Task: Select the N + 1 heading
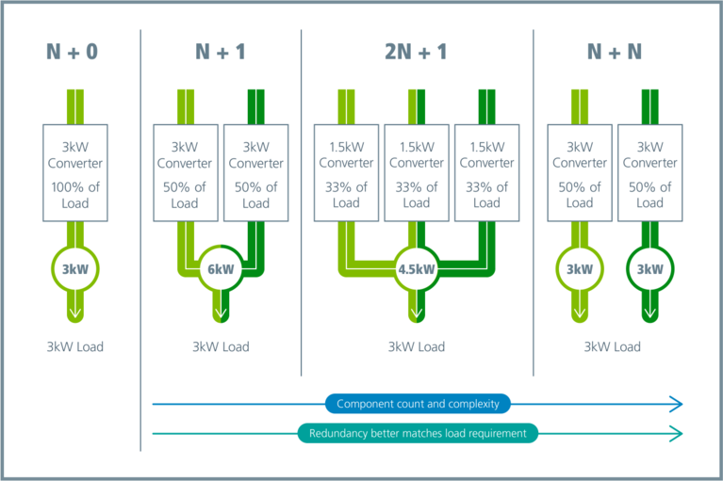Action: pyautogui.click(x=220, y=53)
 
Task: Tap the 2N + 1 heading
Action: pyautogui.click(x=417, y=53)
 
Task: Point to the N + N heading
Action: pyautogui.click(x=614, y=53)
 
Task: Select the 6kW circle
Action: pyautogui.click(x=221, y=268)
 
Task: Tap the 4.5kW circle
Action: pyautogui.click(x=417, y=268)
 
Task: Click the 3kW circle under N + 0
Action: pyautogui.click(x=74, y=268)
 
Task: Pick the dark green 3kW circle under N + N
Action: pyautogui.click(x=649, y=268)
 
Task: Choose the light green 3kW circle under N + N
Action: pyautogui.click(x=579, y=268)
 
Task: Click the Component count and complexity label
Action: pyautogui.click(x=418, y=404)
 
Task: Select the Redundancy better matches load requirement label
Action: pyautogui.click(x=418, y=433)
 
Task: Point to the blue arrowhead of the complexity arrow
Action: pyautogui.click(x=675, y=404)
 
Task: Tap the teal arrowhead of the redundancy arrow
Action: pyautogui.click(x=675, y=433)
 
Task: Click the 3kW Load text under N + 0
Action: pyautogui.click(x=74, y=346)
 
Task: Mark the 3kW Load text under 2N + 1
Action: pyautogui.click(x=417, y=346)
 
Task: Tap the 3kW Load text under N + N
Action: pyautogui.click(x=613, y=346)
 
